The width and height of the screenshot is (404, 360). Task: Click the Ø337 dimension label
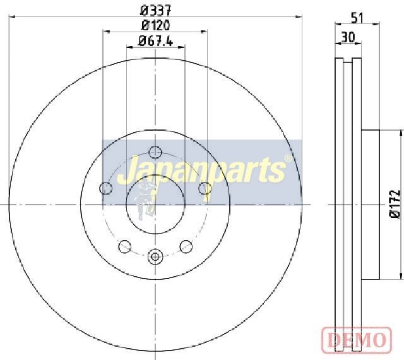tap(156, 11)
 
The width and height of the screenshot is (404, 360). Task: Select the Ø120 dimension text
tap(156, 25)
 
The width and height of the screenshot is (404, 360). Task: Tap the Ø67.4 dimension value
tap(155, 41)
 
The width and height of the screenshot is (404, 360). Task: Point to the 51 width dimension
tap(357, 18)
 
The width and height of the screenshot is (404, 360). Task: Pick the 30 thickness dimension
tap(348, 37)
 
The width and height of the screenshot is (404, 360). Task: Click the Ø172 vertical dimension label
tap(395, 204)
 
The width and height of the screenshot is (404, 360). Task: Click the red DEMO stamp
tap(357, 340)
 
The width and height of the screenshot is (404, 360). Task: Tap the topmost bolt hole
tap(155, 152)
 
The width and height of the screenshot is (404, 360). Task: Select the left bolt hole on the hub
tap(105, 188)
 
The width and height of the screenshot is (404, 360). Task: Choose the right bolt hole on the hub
tap(205, 188)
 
